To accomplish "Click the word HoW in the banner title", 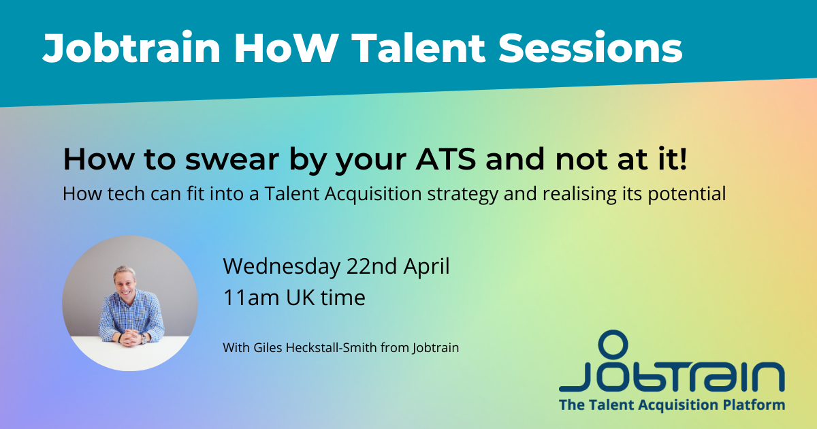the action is [285, 48].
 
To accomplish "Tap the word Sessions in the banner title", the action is [590, 48].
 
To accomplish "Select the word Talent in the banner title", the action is [418, 48].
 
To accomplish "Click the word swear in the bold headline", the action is [232, 160].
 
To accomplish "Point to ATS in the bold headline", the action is [446, 159].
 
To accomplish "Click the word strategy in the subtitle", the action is [463, 195].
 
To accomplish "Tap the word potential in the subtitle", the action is [687, 193].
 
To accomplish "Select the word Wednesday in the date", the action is [282, 267].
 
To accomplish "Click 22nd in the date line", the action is [372, 266].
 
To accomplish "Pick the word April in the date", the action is [426, 267].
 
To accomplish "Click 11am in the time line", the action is [251, 298].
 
